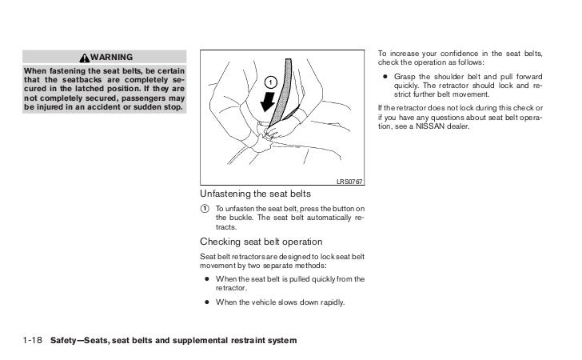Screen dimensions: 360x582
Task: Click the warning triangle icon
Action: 86,58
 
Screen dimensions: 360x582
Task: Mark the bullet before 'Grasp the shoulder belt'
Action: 386,78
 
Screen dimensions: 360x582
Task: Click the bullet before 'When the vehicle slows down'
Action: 207,302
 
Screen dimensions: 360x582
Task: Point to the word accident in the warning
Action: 98,106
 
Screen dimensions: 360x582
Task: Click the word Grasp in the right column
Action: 408,78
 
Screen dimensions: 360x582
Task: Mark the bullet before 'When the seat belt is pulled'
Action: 207,279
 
